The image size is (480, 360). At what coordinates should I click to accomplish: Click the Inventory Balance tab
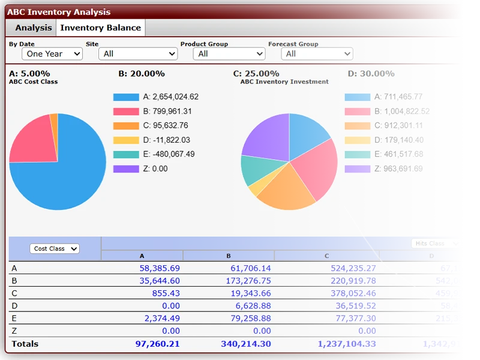pyautogui.click(x=100, y=28)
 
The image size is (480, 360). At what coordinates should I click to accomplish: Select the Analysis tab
pyautogui.click(x=34, y=28)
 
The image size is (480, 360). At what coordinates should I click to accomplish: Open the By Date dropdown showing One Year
pyautogui.click(x=52, y=54)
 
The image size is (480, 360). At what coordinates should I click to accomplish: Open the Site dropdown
pyautogui.click(x=138, y=54)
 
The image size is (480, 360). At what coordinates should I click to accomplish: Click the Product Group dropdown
pyautogui.click(x=229, y=54)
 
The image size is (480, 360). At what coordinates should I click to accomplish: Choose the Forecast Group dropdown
pyautogui.click(x=317, y=54)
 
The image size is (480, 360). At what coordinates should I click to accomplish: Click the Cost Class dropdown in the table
pyautogui.click(x=55, y=248)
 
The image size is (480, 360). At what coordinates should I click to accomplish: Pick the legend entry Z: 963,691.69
pyautogui.click(x=384, y=169)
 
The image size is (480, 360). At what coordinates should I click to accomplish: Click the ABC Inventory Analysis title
pyautogui.click(x=59, y=12)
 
